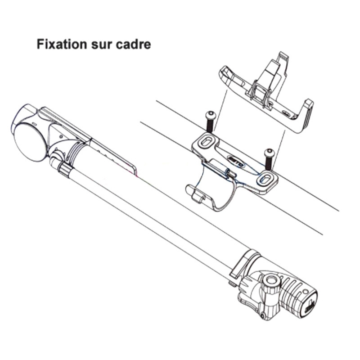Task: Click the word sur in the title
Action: pyautogui.click(x=99, y=45)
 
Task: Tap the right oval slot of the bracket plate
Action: pyautogui.click(x=265, y=179)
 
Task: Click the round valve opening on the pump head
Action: pyautogui.click(x=270, y=281)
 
